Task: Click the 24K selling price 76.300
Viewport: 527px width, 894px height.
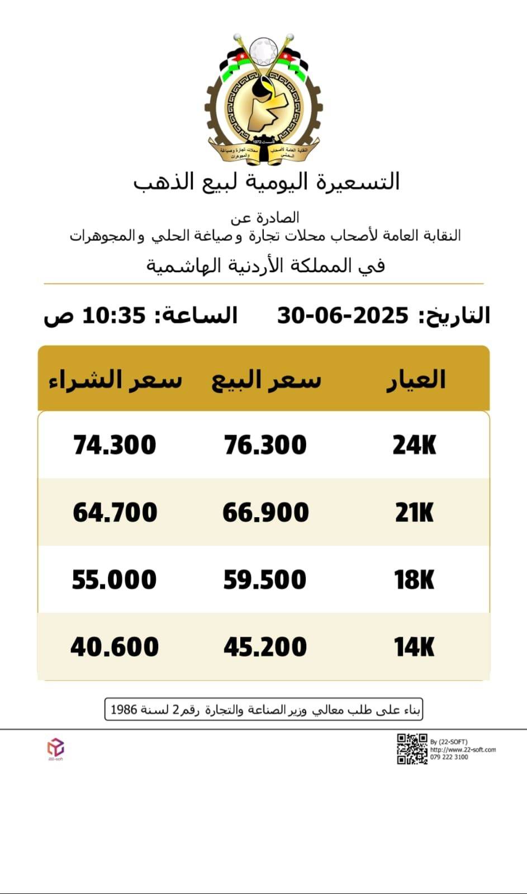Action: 265,445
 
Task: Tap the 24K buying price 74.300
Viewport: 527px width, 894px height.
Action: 115,445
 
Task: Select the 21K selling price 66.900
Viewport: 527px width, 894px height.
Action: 265,512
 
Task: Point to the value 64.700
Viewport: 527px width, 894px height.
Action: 115,512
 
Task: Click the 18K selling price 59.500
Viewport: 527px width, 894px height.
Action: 265,579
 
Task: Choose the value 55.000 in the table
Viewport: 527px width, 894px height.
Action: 115,579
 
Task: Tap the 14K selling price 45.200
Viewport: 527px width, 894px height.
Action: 265,647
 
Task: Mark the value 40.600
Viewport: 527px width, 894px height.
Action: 115,647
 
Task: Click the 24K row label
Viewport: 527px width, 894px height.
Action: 414,445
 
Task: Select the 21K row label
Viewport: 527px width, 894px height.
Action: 414,512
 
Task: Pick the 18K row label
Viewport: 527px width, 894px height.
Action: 414,579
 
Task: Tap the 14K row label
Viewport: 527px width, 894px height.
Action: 414,647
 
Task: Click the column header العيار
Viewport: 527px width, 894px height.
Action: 416,380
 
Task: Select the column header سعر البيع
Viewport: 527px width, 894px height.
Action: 266,380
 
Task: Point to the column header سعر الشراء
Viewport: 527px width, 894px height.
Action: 115,380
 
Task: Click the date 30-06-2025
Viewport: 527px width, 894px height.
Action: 343,316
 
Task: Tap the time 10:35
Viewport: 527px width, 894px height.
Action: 114,316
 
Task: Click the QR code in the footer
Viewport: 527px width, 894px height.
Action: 412,749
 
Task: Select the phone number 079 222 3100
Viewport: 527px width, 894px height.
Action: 449,757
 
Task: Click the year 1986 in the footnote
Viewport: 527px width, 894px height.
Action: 124,710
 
